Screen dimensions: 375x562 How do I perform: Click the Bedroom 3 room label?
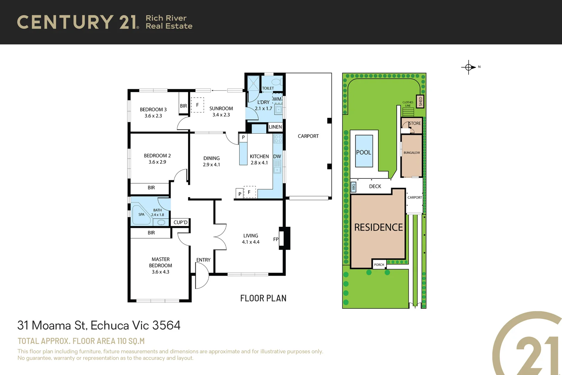pos(153,109)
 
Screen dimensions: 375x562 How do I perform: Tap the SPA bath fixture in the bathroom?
pos(141,215)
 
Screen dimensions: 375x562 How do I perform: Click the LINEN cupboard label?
pos(275,127)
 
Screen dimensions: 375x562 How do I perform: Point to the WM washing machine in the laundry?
pos(277,99)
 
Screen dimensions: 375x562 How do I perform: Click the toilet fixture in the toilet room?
pos(277,82)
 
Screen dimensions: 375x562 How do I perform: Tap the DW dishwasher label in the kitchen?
pos(277,157)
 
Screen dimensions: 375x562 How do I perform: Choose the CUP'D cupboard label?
pos(180,222)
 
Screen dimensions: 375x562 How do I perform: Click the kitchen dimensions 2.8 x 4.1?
pos(259,163)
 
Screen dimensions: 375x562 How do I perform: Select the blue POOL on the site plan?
pos(364,152)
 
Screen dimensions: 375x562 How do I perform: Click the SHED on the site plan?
pos(420,101)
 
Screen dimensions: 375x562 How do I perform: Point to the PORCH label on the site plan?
pos(379,265)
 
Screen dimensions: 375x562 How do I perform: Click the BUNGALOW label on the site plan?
pos(412,153)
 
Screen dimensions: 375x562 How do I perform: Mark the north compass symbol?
pos(469,67)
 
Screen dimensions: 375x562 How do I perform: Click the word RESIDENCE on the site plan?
pos(378,227)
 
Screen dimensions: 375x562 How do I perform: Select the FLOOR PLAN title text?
pos(263,298)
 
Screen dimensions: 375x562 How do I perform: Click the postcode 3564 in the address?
pos(166,325)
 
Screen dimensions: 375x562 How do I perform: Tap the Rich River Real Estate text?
pos(169,22)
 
